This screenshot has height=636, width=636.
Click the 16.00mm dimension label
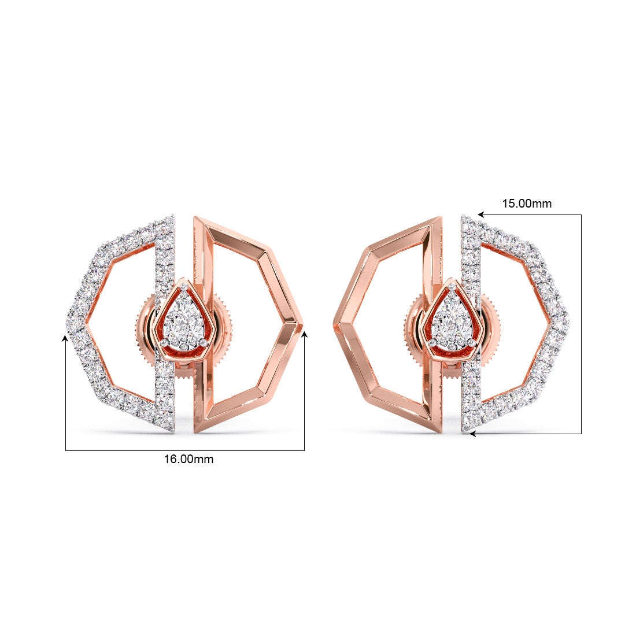(188, 459)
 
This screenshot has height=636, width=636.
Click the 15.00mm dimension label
(526, 204)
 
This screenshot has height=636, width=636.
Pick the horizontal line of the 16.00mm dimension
(185, 450)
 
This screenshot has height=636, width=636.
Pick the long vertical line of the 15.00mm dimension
(580, 324)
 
